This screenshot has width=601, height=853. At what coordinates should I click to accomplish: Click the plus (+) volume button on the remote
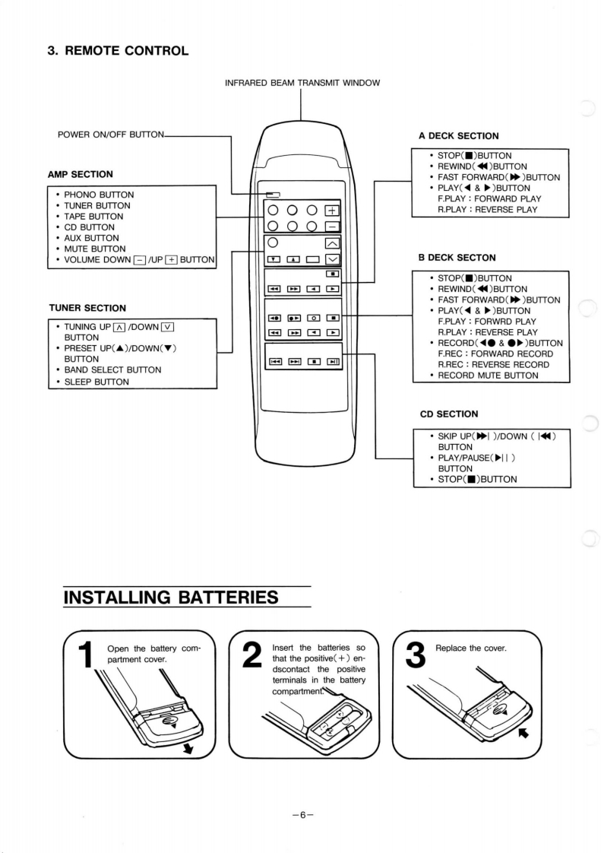click(x=331, y=211)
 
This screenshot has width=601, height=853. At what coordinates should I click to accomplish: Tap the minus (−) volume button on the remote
click(x=331, y=226)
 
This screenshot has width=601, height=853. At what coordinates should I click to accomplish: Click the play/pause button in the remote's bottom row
click(x=333, y=363)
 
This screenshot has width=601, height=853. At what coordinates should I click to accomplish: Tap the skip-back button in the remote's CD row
click(x=272, y=363)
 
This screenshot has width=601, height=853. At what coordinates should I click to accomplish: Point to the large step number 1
click(x=87, y=658)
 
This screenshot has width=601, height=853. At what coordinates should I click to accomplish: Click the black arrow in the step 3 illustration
click(x=522, y=734)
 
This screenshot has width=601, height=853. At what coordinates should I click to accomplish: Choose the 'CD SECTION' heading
click(x=449, y=414)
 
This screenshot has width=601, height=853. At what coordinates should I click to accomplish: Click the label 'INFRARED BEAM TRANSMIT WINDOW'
click(x=302, y=82)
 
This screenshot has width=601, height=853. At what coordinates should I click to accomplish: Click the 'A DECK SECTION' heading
click(x=458, y=136)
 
